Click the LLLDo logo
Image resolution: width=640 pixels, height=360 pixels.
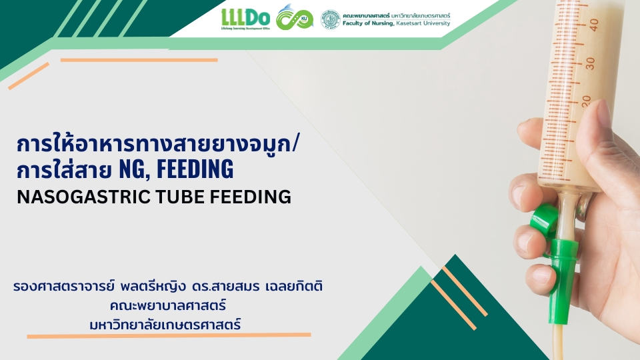tap(245, 19)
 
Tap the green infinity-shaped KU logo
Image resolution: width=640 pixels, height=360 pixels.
tap(294, 17)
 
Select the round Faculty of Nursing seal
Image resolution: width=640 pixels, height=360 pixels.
tap(330, 19)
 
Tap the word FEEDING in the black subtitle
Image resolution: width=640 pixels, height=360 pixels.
tap(250, 197)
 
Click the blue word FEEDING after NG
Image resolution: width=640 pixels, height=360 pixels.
tap(195, 169)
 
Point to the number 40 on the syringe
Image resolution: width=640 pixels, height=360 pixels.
tap(593, 25)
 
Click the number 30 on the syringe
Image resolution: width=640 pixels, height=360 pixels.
tap(590, 63)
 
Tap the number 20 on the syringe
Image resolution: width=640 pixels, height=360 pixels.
tap(586, 101)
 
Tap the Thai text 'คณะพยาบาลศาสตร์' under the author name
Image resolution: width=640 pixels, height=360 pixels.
tap(168, 305)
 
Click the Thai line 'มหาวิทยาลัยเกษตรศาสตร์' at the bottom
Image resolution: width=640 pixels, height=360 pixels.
tap(165, 325)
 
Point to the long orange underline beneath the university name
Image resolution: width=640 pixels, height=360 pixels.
tap(169, 335)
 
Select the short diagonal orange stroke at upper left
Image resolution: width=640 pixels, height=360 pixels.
tap(29, 76)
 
